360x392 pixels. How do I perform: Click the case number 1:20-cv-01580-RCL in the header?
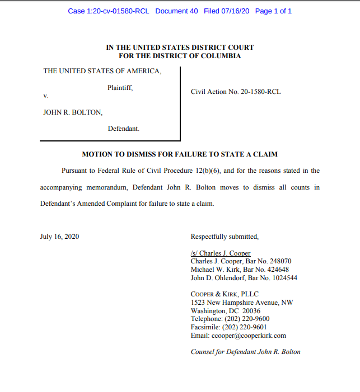109,11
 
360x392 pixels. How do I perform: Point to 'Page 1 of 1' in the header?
273,11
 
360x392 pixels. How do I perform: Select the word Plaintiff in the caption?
120,88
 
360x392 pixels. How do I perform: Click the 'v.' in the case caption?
46,96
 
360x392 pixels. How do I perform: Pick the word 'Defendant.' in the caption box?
124,129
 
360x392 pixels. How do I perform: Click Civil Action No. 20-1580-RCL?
236,92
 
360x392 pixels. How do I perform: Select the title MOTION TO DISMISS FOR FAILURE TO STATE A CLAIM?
180,154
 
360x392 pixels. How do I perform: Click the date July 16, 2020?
59,237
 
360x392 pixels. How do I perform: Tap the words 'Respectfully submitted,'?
225,237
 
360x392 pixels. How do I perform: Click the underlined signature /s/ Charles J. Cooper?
221,253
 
